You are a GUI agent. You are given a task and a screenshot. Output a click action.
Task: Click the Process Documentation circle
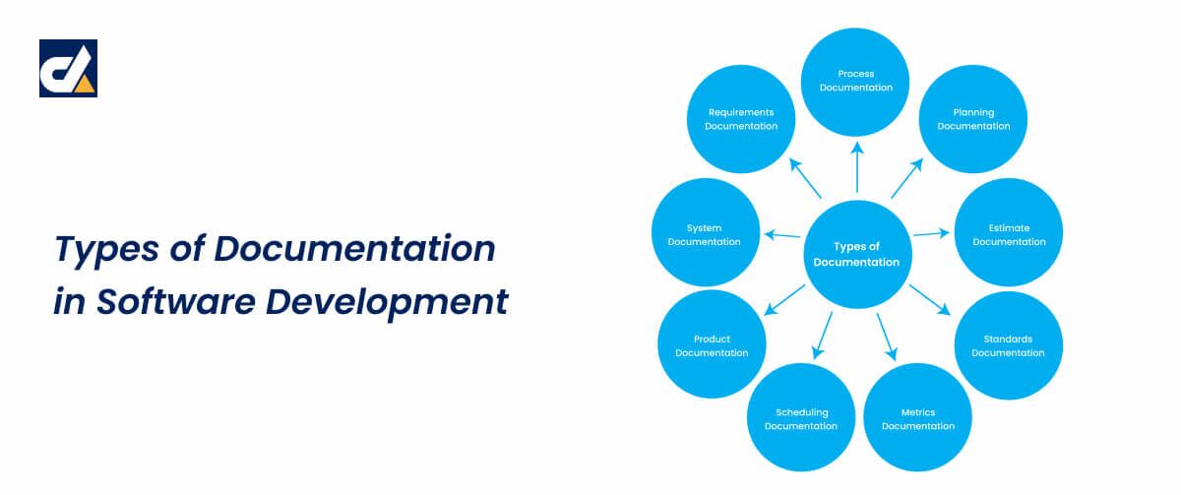point(855,82)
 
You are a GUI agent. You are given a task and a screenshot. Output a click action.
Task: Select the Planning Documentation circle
point(973,119)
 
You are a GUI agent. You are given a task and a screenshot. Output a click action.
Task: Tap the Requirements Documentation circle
point(741,119)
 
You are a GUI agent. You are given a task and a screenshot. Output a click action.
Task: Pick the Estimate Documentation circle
point(1009,232)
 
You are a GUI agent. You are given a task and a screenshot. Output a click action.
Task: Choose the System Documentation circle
point(706,232)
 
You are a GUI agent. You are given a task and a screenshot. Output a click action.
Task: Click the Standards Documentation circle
point(1009,345)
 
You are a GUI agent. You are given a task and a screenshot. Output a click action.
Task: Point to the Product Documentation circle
point(712,343)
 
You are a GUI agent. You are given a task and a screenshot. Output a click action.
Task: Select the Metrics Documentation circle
point(918,417)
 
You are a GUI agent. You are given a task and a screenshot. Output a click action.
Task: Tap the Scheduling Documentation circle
point(801,417)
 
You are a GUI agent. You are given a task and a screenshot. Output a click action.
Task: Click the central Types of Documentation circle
point(858,254)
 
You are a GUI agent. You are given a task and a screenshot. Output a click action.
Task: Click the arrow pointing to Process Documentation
point(857,167)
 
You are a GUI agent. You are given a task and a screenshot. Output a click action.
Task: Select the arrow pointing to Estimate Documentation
point(932,233)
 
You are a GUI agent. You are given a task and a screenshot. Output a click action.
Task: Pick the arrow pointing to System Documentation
point(782,234)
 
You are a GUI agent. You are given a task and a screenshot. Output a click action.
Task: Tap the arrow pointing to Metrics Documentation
point(887,338)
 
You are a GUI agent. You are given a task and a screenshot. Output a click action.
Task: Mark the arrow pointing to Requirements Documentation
point(805,178)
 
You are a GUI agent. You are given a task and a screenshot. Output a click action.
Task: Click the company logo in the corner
point(69,69)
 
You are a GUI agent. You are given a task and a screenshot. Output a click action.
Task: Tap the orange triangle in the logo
point(84,84)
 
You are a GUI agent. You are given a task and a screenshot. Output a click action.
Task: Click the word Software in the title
point(175,302)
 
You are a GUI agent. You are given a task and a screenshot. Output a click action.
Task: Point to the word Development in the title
point(387,303)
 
